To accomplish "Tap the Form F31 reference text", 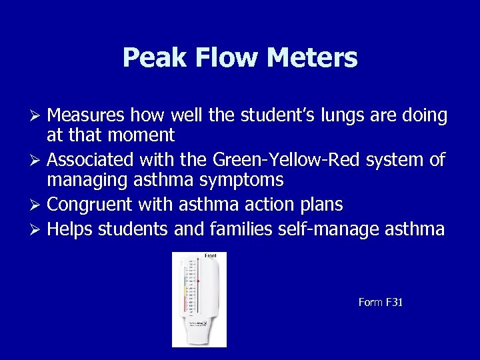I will click(x=381, y=303).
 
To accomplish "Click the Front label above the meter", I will click(x=211, y=256).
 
